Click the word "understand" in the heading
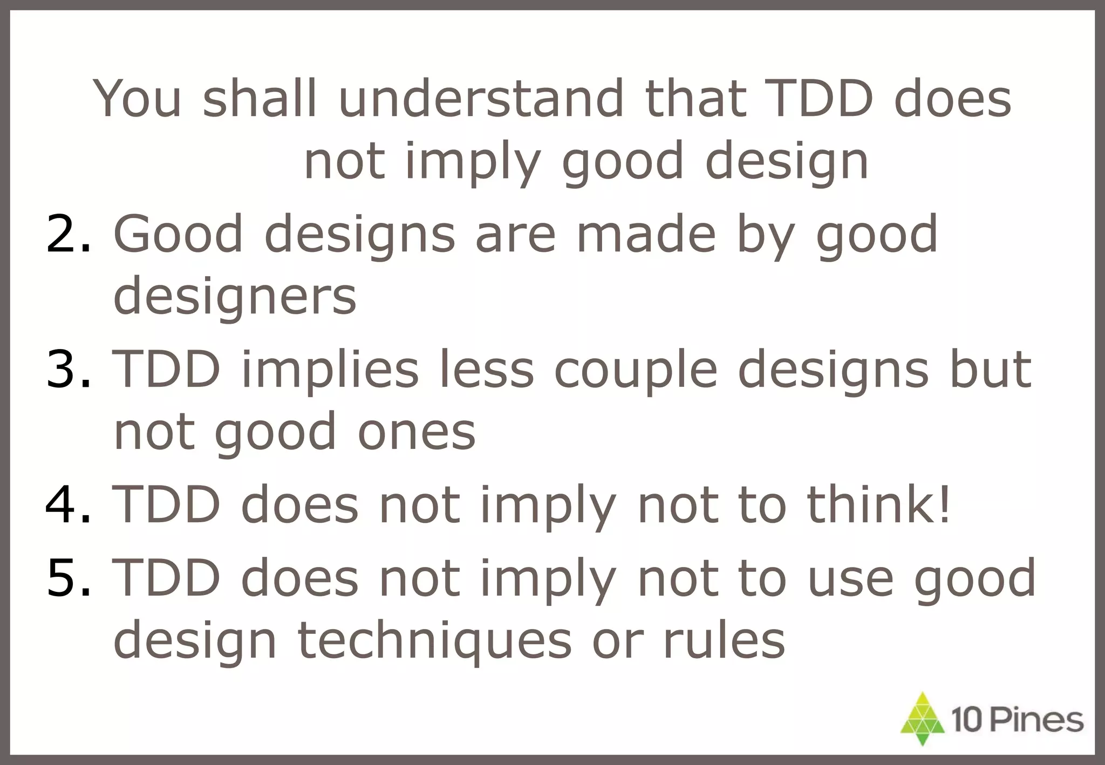[x=480, y=99]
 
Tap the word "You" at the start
[x=137, y=99]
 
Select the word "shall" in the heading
[x=260, y=99]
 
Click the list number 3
[x=69, y=369]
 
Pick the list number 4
[x=69, y=504]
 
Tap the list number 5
[x=69, y=578]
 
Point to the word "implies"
[x=330, y=369]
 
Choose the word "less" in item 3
[x=486, y=369]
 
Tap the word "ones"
[x=416, y=432]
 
